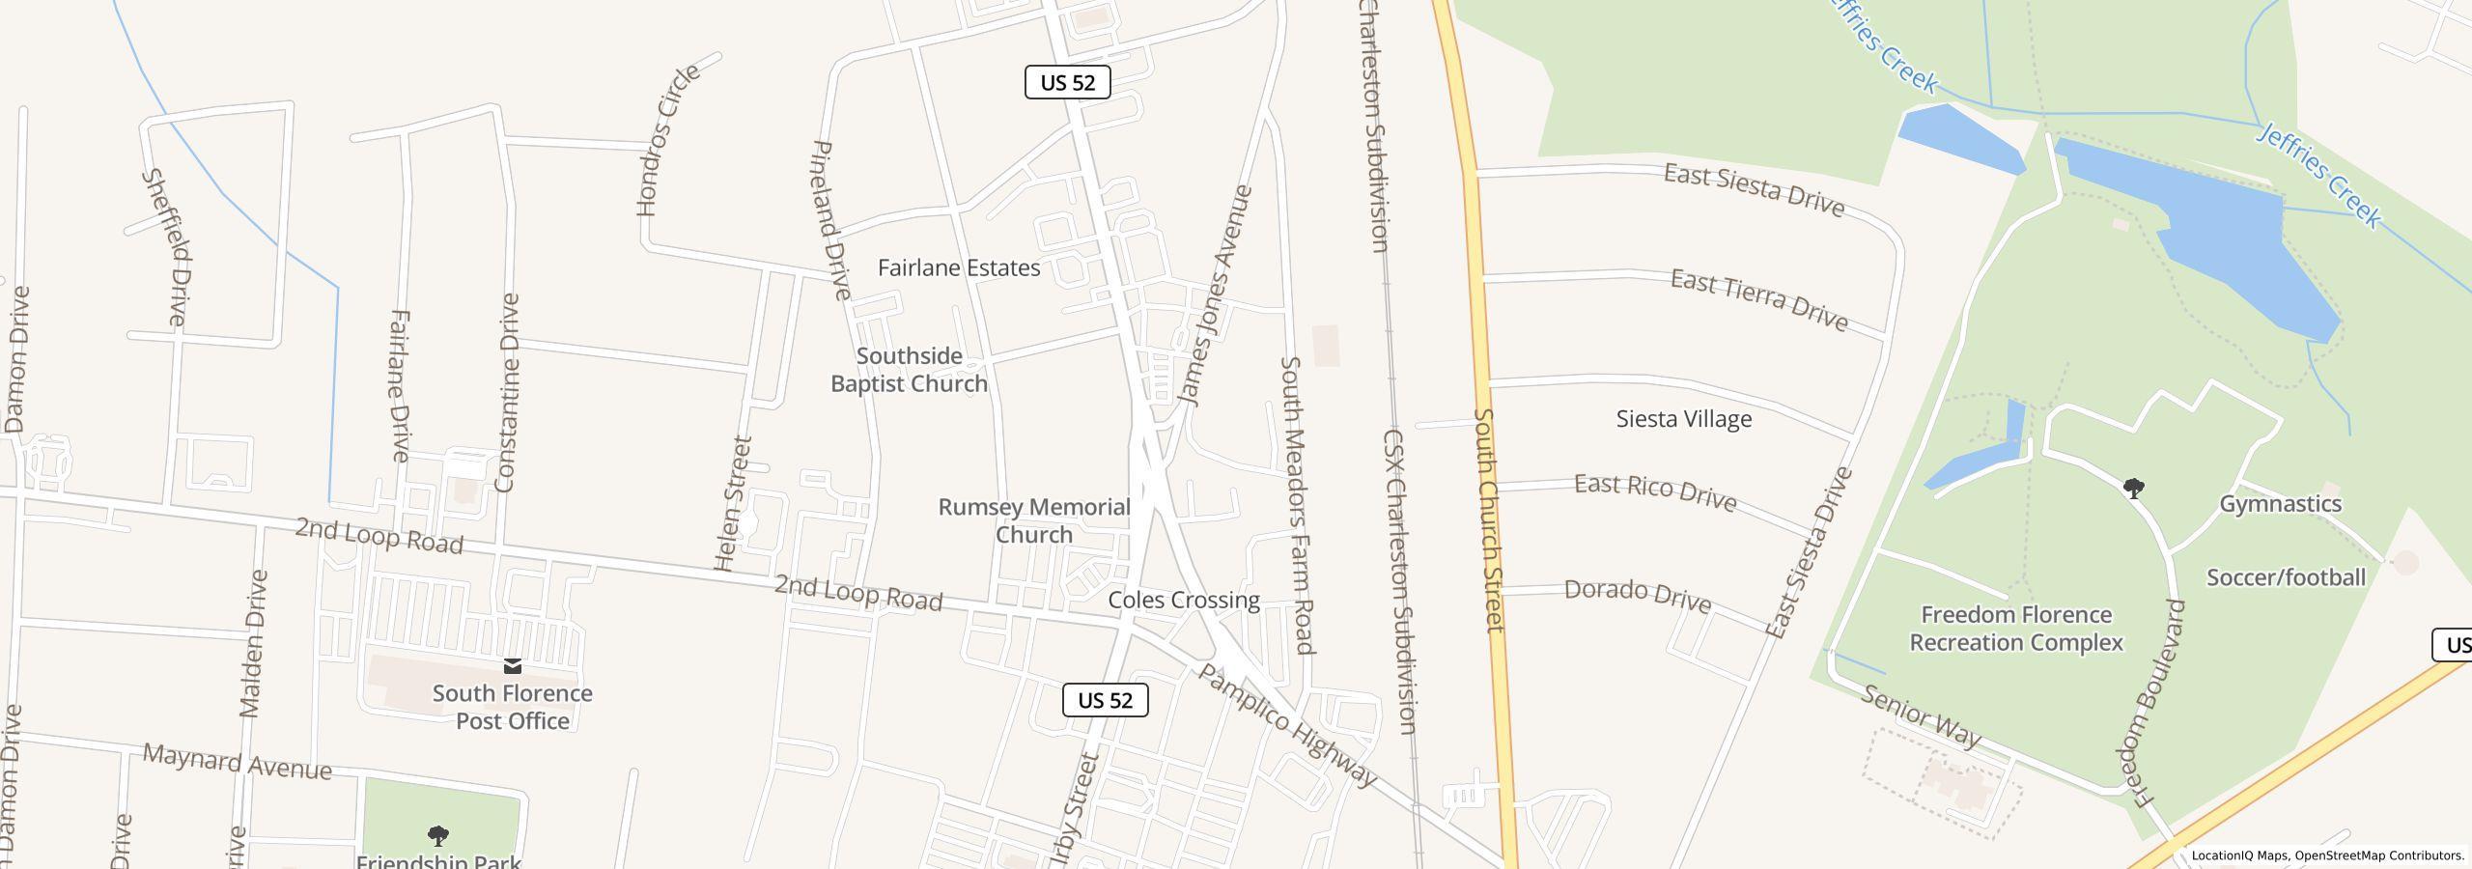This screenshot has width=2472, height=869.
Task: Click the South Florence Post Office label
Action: click(512, 707)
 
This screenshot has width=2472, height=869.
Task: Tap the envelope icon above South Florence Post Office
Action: click(513, 665)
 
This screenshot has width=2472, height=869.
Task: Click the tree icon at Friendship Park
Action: click(437, 835)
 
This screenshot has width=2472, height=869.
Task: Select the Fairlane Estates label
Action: click(959, 267)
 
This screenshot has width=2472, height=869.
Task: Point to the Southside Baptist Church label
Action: click(909, 370)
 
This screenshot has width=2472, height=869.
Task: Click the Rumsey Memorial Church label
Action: click(1034, 520)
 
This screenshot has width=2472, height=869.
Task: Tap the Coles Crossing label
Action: click(1184, 600)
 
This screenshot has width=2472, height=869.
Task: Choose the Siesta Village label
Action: click(1684, 419)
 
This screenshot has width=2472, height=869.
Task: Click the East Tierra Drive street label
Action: click(1759, 300)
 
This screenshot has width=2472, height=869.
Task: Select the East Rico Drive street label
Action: click(1655, 492)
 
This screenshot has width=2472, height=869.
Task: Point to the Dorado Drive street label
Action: click(1638, 595)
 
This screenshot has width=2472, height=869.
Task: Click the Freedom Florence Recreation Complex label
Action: click(2016, 629)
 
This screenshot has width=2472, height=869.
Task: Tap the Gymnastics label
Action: click(2280, 504)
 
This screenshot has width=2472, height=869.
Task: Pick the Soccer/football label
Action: click(2286, 577)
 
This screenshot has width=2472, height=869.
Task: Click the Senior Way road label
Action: click(1921, 716)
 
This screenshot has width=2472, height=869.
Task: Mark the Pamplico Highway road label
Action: click(1286, 725)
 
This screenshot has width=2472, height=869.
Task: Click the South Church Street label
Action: click(1489, 520)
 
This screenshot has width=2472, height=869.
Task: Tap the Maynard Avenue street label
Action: click(238, 762)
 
